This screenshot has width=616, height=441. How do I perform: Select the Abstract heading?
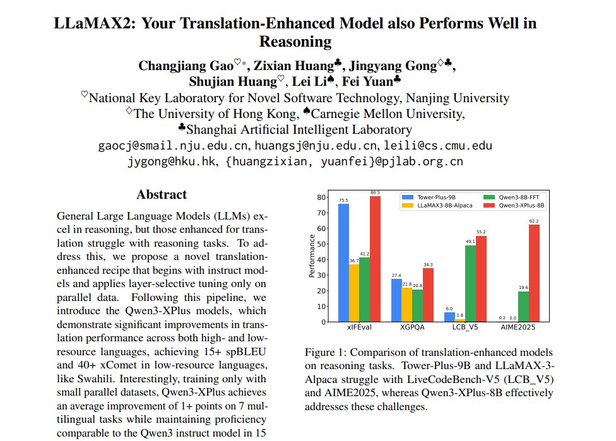(x=162, y=194)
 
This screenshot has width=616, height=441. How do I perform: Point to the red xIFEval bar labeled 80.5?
(x=375, y=259)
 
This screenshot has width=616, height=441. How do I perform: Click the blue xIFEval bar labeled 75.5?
(x=343, y=262)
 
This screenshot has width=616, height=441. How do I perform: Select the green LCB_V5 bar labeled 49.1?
(x=470, y=283)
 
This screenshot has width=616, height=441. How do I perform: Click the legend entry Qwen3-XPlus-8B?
(x=521, y=205)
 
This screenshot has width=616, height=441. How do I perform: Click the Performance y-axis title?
(x=311, y=256)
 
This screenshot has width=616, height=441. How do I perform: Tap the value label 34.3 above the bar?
(x=429, y=264)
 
